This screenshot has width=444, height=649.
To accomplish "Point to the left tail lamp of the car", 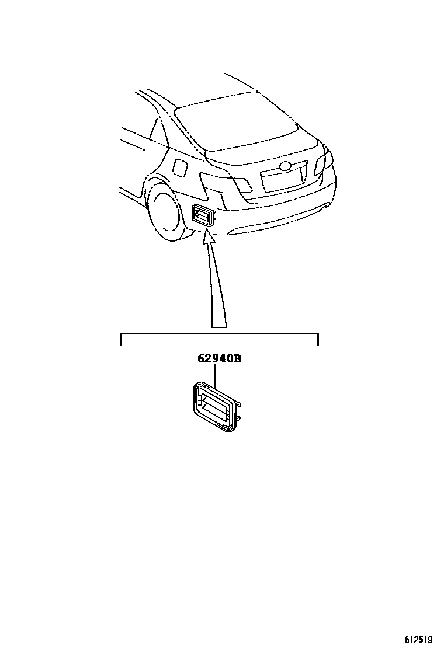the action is (x=225, y=183).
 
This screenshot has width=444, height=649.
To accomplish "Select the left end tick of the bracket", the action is (x=120, y=339).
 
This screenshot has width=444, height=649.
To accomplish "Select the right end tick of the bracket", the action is (x=318, y=339).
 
